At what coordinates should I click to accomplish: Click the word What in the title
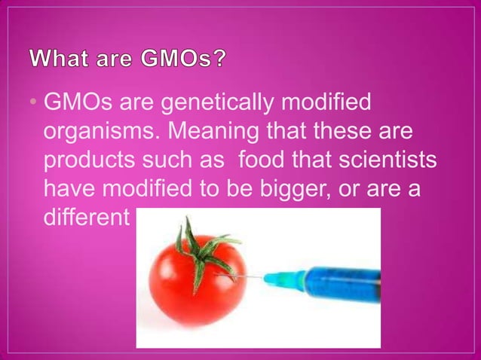62,58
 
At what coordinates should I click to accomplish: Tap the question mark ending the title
217,58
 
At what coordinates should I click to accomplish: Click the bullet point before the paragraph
36,103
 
